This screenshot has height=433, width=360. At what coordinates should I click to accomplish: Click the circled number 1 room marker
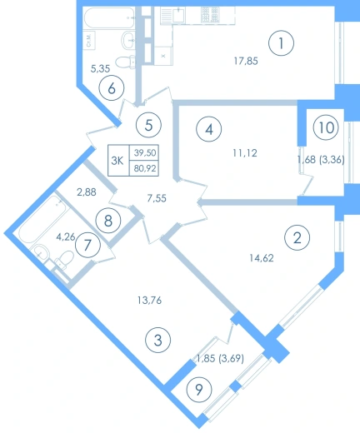[281, 43]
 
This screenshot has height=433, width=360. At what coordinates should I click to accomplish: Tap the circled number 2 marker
[297, 238]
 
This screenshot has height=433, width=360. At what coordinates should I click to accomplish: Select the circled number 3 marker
[157, 340]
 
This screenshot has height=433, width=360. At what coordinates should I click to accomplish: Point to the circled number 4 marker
[209, 129]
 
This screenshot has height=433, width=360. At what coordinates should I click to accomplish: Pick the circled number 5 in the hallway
[148, 125]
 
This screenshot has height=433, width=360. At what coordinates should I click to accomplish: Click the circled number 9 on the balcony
[199, 390]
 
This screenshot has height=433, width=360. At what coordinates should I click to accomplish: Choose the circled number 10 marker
[326, 127]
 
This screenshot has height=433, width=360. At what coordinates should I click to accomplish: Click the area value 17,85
[246, 61]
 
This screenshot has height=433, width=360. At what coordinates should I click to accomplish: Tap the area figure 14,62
[262, 258]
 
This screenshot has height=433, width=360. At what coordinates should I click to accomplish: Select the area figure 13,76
[149, 301]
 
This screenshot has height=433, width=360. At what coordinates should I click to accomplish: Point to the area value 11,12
[245, 153]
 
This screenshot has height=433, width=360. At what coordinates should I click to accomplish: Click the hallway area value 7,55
[157, 198]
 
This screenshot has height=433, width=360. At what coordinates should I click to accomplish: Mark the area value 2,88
[87, 192]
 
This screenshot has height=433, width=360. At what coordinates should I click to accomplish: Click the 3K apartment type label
[117, 161]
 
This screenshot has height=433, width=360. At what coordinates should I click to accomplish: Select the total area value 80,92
[145, 168]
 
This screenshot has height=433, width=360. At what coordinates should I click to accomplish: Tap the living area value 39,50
[145, 152]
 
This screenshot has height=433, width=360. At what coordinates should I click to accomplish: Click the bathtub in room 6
[109, 18]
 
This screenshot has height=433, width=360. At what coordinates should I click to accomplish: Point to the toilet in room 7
[64, 260]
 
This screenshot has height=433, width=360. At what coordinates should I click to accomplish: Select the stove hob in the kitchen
[210, 15]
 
